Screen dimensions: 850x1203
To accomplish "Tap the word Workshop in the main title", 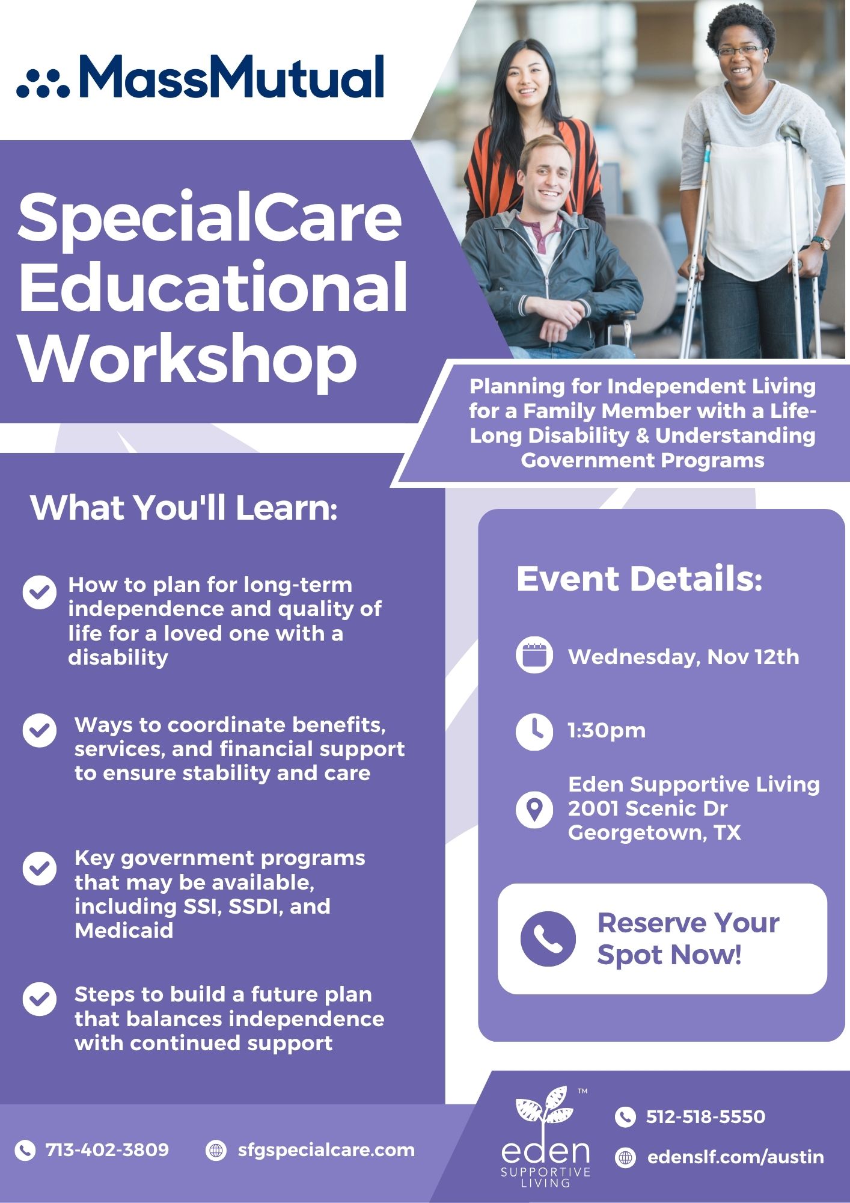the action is coord(189,360).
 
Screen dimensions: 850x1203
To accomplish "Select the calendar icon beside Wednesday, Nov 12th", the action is coord(534,654).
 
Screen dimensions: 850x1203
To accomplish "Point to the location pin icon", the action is coord(534,809).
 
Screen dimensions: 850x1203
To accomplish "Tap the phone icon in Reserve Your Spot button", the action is coord(548,939).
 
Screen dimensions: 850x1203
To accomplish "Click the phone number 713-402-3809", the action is coord(108,1150).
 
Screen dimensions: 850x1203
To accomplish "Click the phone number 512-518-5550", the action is coord(706,1117).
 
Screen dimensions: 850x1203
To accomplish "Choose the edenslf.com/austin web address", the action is coord(736,1157).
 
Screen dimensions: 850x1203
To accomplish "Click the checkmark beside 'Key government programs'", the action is coord(40,869).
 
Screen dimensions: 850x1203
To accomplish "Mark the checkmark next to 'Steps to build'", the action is coord(40,999).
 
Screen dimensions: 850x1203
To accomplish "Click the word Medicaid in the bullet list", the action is coord(124,931).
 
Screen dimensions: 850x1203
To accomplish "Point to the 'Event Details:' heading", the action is coord(640,579).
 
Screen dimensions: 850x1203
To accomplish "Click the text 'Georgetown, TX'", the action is coord(655,833).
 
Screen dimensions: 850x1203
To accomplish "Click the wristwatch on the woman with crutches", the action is coord(821,243).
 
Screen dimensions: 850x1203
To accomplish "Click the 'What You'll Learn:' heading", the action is coord(184,508).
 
